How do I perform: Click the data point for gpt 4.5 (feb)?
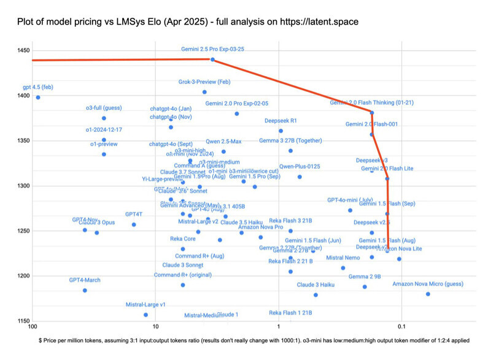pos(38,98)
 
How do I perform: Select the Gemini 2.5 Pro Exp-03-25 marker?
pos(212,59)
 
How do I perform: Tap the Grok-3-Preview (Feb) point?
pos(204,92)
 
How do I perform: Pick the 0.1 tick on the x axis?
pos(401,329)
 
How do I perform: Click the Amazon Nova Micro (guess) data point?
pos(428,294)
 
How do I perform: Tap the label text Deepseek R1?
pos(280,121)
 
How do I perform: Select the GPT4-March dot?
pos(85,290)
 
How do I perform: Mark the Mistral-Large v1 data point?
pos(145,315)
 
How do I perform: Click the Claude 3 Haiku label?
pos(315,285)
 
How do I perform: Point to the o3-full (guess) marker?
pos(104,118)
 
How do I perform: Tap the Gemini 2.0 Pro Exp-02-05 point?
pos(236,113)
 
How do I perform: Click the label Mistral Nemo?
pos(342,258)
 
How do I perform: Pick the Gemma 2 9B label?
pos(365,277)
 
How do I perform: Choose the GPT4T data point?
pos(134,224)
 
